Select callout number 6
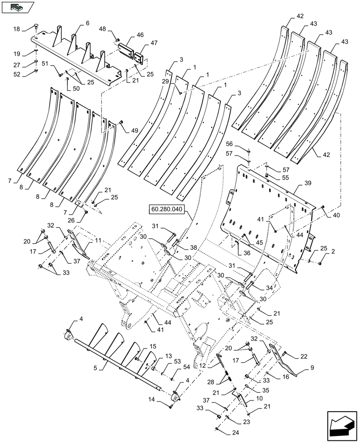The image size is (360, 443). [x=87, y=23]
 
